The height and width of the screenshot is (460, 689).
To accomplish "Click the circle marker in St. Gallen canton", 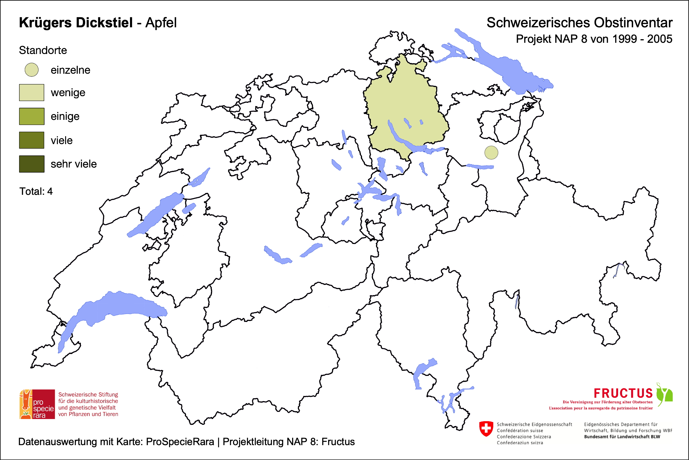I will click(491, 153).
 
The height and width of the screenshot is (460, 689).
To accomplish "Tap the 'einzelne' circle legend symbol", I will click(32, 70).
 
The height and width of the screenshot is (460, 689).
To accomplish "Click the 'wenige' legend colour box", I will click(32, 93).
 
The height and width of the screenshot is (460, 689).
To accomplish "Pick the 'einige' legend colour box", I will click(32, 116).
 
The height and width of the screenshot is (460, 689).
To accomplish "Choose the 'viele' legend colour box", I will click(32, 140).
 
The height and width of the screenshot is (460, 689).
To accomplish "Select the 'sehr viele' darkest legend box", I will click(32, 164).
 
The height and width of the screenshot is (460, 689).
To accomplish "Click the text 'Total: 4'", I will click(36, 191).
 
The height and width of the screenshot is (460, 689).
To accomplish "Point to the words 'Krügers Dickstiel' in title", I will click(76, 23).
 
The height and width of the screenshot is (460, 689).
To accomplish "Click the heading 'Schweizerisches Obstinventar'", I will click(579, 23).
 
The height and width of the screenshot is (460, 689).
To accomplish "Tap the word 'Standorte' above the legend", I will click(43, 50).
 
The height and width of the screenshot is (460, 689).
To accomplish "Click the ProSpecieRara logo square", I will click(37, 404).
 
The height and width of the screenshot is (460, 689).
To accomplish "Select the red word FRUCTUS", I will click(623, 393).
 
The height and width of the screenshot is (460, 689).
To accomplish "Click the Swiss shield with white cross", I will click(486, 429).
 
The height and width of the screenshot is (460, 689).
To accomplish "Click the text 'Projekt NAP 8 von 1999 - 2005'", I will click(594, 39).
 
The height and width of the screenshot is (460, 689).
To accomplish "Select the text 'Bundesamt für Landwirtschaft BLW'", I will click(622, 437).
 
